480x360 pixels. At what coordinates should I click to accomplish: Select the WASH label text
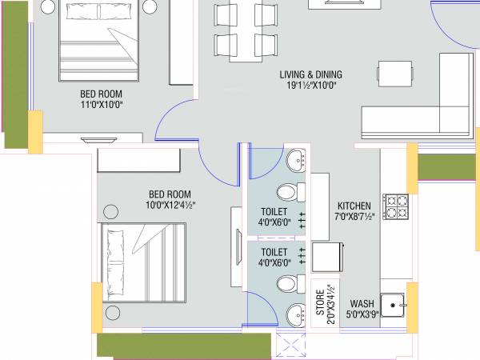[x=362, y=304]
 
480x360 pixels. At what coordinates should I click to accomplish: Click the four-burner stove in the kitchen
[x=396, y=206]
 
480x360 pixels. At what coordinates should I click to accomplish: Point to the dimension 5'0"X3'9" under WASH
[x=362, y=315]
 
